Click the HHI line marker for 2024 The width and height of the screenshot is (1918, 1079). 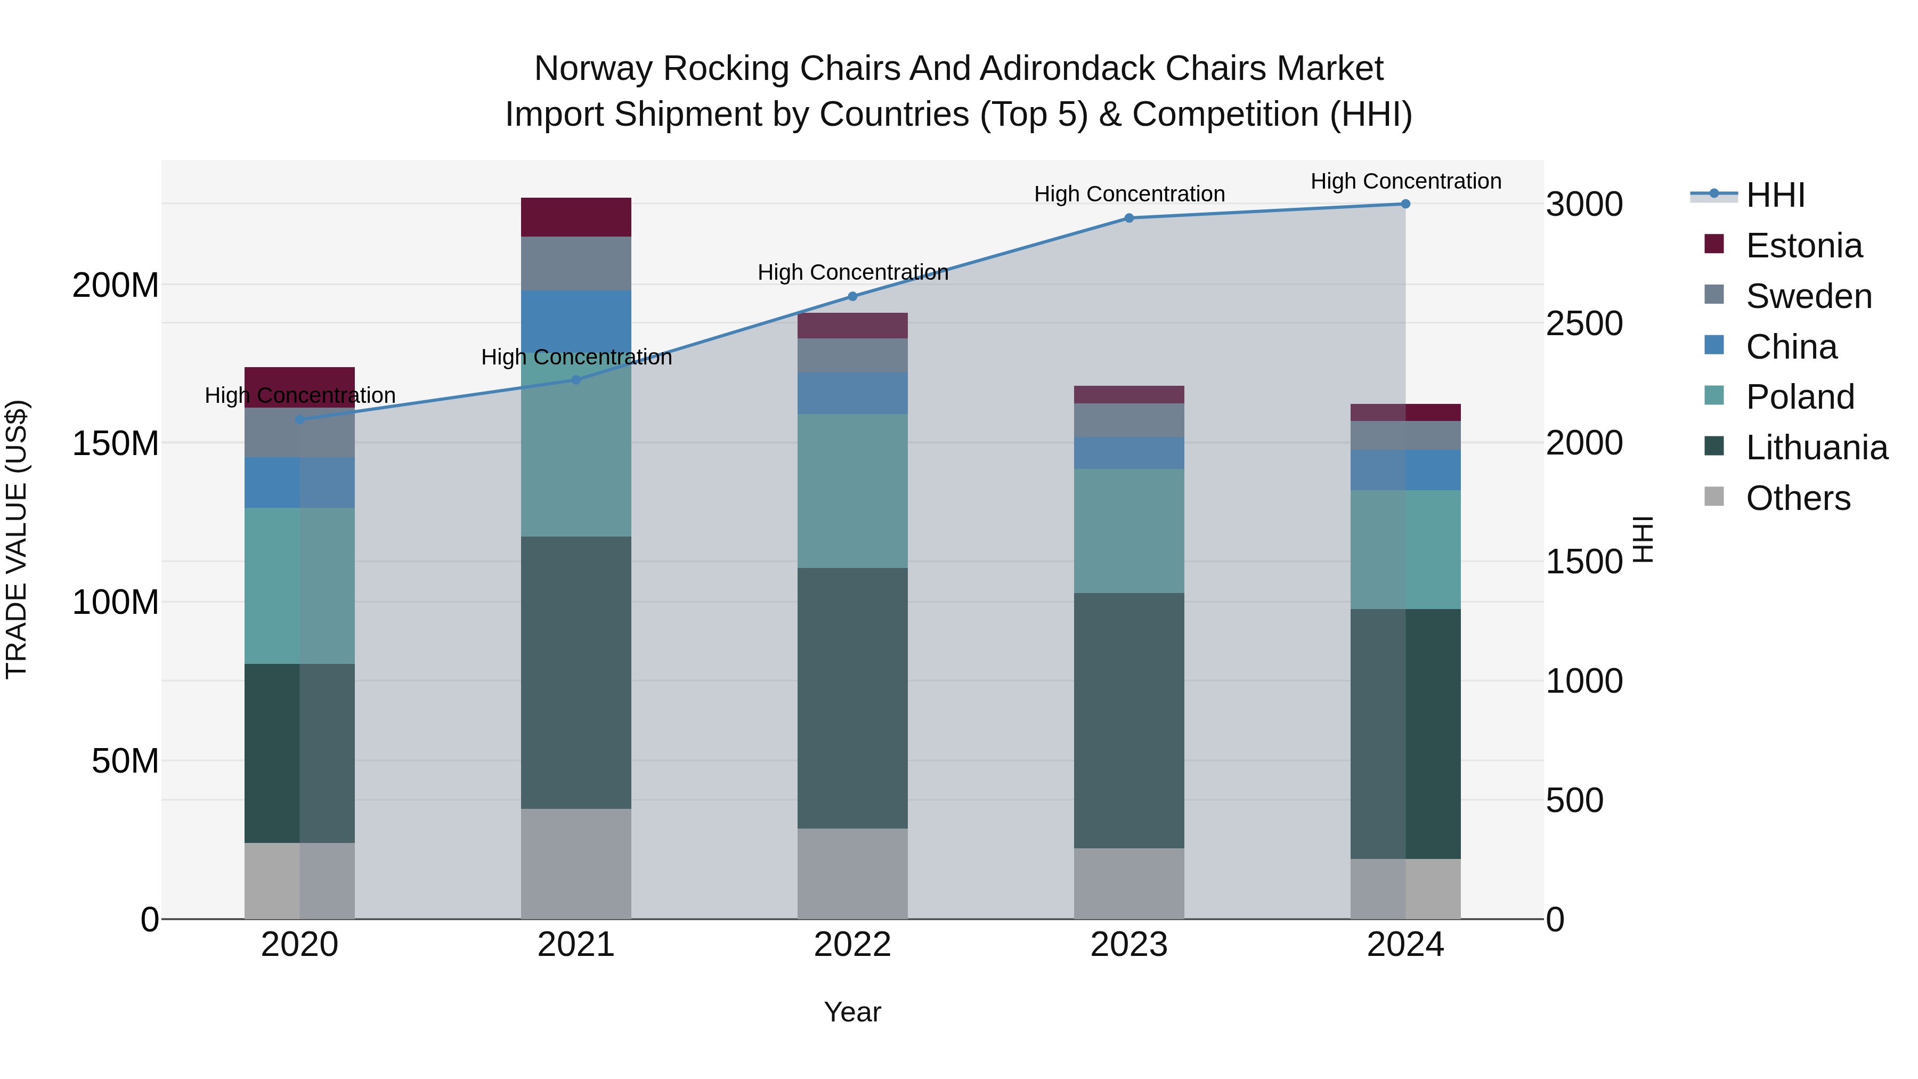point(1405,204)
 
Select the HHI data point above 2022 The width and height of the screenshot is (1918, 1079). point(852,296)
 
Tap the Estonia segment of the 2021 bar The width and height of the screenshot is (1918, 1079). point(575,217)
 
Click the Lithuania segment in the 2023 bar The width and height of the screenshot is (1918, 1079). point(1129,720)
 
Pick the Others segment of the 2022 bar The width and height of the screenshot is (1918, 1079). point(852,873)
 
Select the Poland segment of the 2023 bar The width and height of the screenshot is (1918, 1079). point(1129,530)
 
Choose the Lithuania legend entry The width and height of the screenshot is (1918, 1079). point(1817,448)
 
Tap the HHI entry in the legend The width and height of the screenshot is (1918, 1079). point(1775,195)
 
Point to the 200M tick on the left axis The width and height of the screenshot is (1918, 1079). point(116,285)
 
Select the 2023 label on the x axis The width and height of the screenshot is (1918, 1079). point(1129,945)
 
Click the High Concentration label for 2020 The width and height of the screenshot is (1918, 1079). point(300,395)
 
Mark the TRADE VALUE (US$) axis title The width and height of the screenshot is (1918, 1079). point(17,539)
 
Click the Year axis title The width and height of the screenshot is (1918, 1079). point(852,1012)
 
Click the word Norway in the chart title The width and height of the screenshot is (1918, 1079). point(594,69)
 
